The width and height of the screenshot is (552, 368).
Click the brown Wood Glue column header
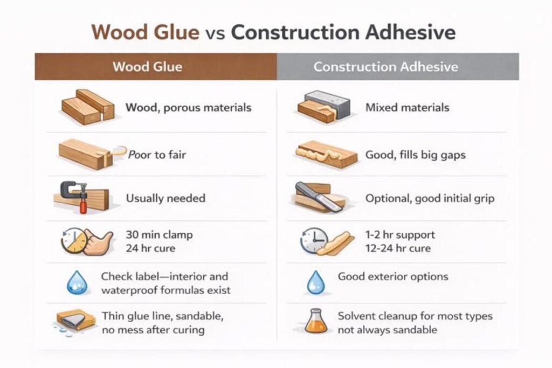click(155, 67)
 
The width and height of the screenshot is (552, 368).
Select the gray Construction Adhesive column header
click(398, 67)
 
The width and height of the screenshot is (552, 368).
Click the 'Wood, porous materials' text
click(188, 107)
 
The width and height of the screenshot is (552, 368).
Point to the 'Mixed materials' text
click(407, 107)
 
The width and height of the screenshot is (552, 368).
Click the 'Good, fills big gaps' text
click(415, 155)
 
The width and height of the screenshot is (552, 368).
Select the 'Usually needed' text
click(165, 198)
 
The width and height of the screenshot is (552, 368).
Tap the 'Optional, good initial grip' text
click(430, 198)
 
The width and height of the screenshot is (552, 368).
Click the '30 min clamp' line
click(159, 235)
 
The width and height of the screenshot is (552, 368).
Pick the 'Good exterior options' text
click(393, 276)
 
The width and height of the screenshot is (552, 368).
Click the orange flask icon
click(314, 321)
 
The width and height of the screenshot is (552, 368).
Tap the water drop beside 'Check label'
click(76, 283)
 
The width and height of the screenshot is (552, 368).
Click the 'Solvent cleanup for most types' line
click(415, 316)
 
